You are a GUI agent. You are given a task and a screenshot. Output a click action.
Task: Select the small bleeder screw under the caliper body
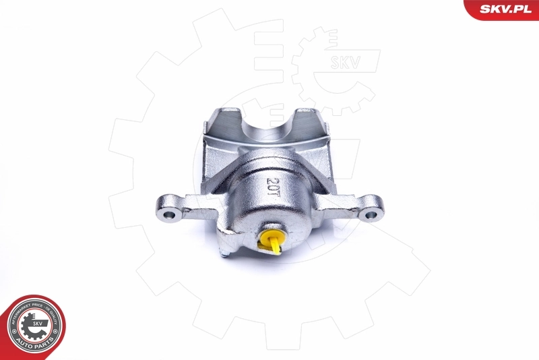tap(223, 253)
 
